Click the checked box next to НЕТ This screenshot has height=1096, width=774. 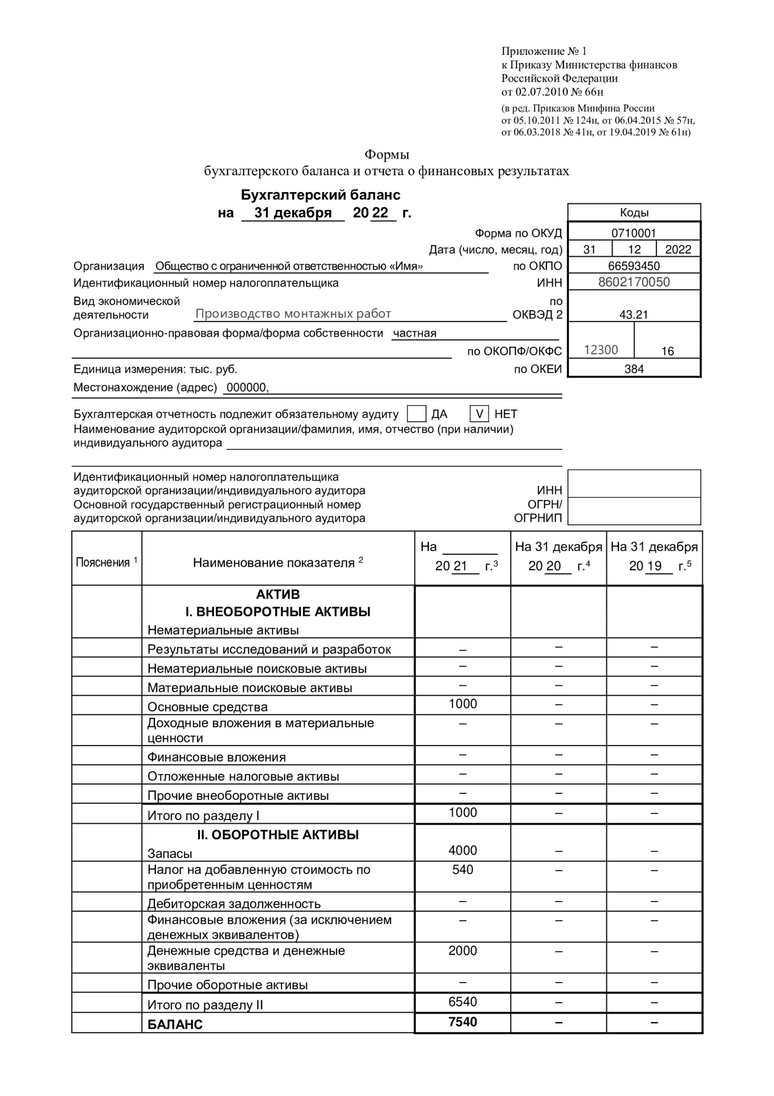(x=479, y=413)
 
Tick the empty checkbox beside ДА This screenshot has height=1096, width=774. (x=417, y=413)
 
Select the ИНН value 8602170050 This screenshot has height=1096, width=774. (x=634, y=282)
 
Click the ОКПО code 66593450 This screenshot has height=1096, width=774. (x=634, y=266)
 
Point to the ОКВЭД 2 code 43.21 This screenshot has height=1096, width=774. (x=634, y=314)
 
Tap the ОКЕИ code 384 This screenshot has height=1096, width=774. (x=634, y=368)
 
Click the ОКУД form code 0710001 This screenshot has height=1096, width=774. (x=634, y=233)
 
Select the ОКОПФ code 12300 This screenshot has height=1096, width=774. (x=601, y=350)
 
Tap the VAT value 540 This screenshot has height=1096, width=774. (x=463, y=869)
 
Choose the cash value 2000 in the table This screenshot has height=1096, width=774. (x=463, y=950)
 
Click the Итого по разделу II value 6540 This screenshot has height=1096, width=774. (x=463, y=1001)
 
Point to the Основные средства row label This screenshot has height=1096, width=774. (x=207, y=707)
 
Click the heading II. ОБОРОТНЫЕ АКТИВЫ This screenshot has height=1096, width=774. (x=278, y=835)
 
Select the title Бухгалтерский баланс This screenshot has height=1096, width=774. (x=320, y=195)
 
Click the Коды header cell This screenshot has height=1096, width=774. (x=634, y=213)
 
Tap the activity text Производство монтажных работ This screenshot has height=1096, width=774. (x=293, y=313)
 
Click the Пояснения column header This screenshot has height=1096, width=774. (x=107, y=562)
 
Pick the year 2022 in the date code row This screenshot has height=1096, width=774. (x=678, y=249)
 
